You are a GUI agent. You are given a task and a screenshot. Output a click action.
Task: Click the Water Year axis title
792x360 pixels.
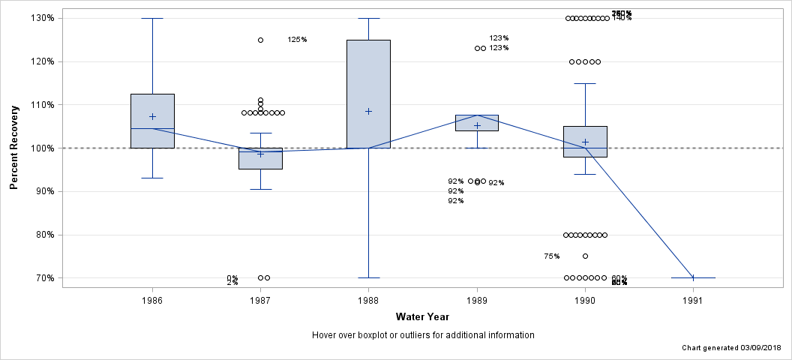[423, 317]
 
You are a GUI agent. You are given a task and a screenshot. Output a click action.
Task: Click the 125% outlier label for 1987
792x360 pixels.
[297, 40]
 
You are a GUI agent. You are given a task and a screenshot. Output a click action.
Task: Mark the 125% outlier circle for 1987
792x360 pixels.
[260, 40]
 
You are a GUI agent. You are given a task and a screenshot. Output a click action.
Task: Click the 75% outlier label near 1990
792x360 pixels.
[551, 256]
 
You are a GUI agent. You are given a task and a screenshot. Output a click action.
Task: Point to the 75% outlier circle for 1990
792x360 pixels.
[585, 256]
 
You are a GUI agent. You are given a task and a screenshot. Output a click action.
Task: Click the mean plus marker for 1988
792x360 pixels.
[368, 111]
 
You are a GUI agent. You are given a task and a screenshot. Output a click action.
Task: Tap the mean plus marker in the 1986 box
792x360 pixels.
[152, 116]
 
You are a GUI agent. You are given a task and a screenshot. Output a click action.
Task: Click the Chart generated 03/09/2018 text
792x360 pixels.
[732, 349]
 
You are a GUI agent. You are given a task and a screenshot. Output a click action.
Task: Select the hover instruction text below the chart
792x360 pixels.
[423, 335]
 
